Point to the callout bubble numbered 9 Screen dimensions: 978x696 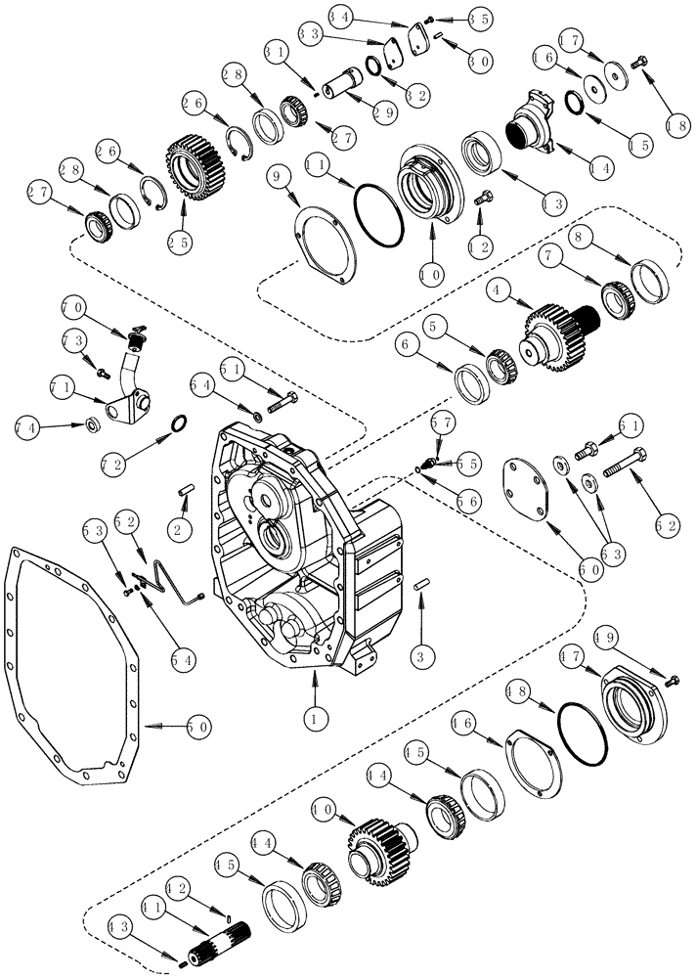coord(278,178)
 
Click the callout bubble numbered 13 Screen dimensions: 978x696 coord(552,203)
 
